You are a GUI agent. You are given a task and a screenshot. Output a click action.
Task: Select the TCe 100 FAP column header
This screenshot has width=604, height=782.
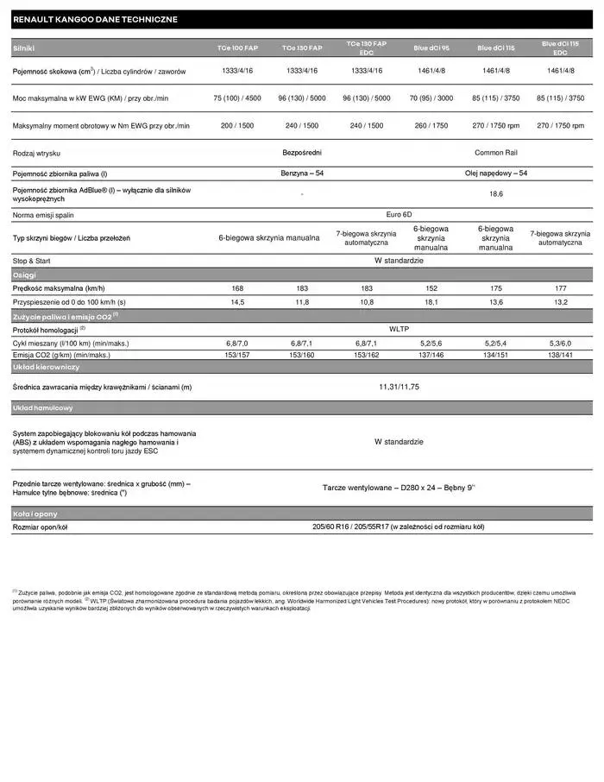(x=237, y=48)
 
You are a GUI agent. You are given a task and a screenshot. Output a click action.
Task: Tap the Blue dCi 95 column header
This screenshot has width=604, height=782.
(x=431, y=48)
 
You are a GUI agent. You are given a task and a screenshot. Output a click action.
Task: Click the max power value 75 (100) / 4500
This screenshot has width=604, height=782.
(x=237, y=98)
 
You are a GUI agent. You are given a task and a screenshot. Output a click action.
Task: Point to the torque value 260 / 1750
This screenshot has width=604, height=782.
(x=431, y=126)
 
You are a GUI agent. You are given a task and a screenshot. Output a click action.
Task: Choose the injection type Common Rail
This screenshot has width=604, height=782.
(x=495, y=153)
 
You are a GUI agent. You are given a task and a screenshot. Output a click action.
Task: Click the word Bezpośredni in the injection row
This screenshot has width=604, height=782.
(x=302, y=153)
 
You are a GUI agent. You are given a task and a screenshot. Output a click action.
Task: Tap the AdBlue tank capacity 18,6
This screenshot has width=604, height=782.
(x=495, y=194)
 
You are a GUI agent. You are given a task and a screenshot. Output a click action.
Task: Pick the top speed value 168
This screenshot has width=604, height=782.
(x=237, y=288)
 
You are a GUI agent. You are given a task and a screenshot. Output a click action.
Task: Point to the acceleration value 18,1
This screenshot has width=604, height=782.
(x=431, y=302)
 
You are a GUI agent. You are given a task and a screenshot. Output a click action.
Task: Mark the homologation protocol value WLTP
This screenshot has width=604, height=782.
(x=399, y=330)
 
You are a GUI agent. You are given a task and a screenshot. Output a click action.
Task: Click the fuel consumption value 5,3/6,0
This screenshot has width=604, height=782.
(x=560, y=343)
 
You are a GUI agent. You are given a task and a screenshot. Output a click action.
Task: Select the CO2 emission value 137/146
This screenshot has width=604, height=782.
(x=431, y=355)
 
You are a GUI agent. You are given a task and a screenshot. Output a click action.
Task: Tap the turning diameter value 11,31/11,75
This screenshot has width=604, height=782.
(x=399, y=388)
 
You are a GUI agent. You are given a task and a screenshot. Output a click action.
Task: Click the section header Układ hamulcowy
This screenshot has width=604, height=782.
(x=43, y=407)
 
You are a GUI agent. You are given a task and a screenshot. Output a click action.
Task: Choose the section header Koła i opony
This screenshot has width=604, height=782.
(x=35, y=514)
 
